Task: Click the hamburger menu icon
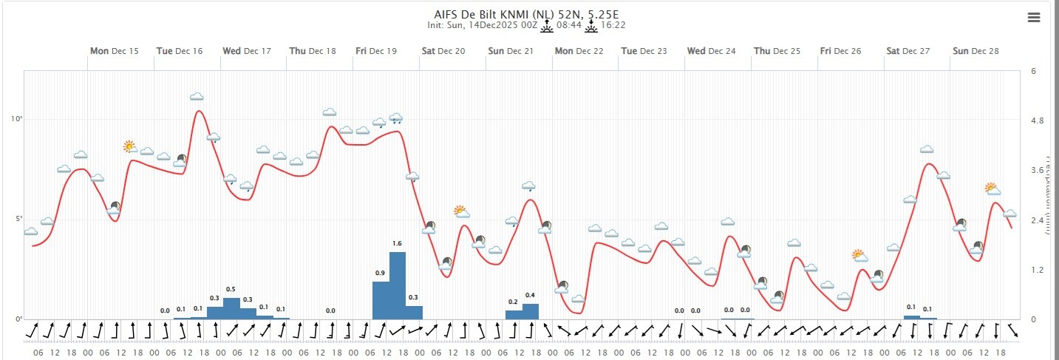(x=1033, y=18)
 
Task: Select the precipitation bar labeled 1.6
(x=398, y=285)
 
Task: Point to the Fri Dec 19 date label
(x=376, y=51)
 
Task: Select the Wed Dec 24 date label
(x=711, y=51)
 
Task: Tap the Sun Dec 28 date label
(x=975, y=51)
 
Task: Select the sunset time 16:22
(x=614, y=25)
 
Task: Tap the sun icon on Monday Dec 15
(x=130, y=146)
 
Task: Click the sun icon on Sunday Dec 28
(x=992, y=189)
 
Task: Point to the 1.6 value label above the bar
(x=397, y=243)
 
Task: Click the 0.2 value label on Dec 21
(x=513, y=302)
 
